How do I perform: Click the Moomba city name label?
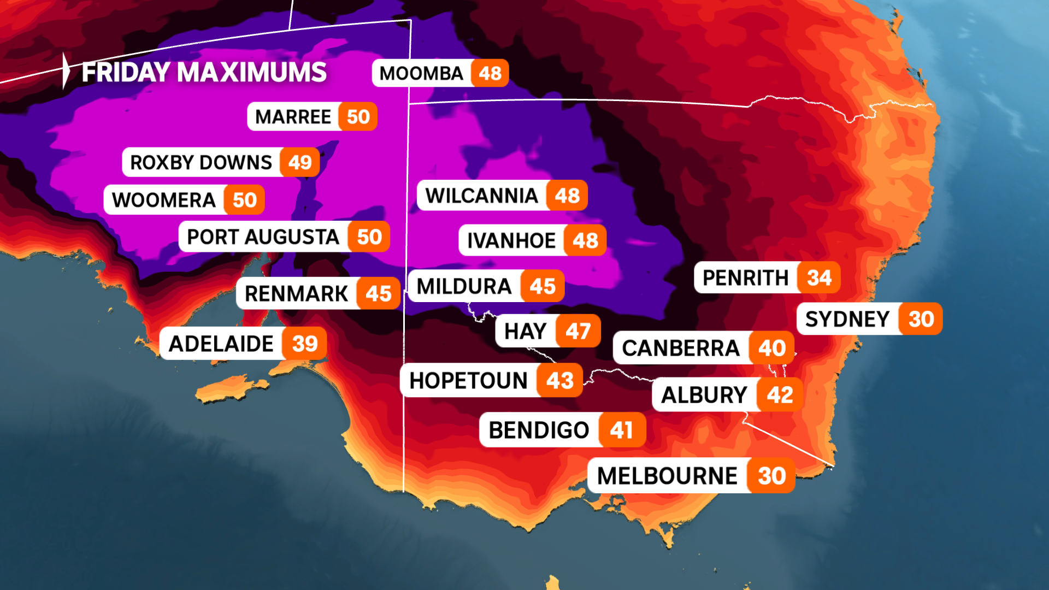point(421,73)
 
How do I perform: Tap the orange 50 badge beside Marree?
point(358,117)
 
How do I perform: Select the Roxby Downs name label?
point(201,162)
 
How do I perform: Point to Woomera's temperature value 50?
point(244,200)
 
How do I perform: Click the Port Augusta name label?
point(263,237)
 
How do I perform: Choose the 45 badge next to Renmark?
point(378,294)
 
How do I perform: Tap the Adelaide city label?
point(221,344)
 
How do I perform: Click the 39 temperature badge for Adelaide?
point(304,344)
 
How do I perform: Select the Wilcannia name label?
point(481,196)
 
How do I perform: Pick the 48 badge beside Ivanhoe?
point(585,240)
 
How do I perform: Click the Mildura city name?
point(464,286)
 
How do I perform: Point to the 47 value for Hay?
point(578,331)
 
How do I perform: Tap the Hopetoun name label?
point(468,381)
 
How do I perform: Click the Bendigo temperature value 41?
point(622,430)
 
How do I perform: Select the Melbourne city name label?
point(667,476)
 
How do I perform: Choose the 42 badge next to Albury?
point(780,395)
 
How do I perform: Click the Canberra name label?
point(680,348)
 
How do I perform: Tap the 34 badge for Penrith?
point(819,278)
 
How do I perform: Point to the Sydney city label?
point(847,319)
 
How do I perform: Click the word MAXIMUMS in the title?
point(252,72)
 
